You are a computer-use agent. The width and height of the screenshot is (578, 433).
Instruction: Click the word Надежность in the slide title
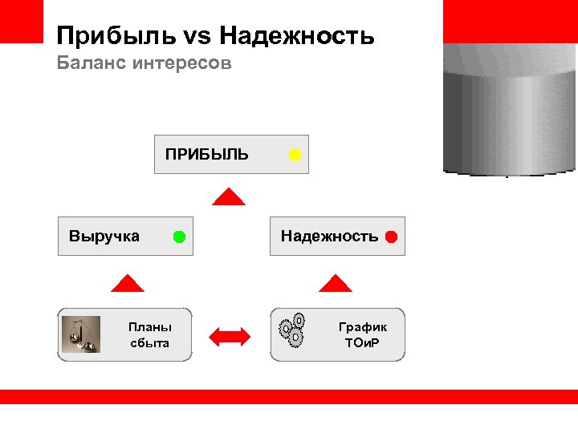pos(296,36)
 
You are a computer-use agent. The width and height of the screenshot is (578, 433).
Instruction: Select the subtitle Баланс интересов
pos(144,63)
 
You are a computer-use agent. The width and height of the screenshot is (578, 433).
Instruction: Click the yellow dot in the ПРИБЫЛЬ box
pos(295,155)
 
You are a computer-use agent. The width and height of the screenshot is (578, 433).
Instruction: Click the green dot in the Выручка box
pos(179,237)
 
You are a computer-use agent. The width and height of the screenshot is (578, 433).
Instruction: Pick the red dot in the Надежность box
pos(391,237)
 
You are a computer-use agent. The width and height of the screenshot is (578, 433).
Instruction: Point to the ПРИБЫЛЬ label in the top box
pos(207,154)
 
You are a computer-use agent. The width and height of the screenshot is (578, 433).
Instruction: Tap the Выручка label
pos(104,237)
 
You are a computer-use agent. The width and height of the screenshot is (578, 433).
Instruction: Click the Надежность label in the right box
pos(329,237)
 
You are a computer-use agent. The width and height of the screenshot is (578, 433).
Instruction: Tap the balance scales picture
pos(81,334)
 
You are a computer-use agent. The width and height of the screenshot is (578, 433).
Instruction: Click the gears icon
pos(292,329)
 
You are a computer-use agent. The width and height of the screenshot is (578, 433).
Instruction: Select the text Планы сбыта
pos(150,335)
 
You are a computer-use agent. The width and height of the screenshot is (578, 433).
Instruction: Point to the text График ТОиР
pos(363,335)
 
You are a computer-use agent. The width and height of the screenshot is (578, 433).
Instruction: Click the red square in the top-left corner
pos(21,21)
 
